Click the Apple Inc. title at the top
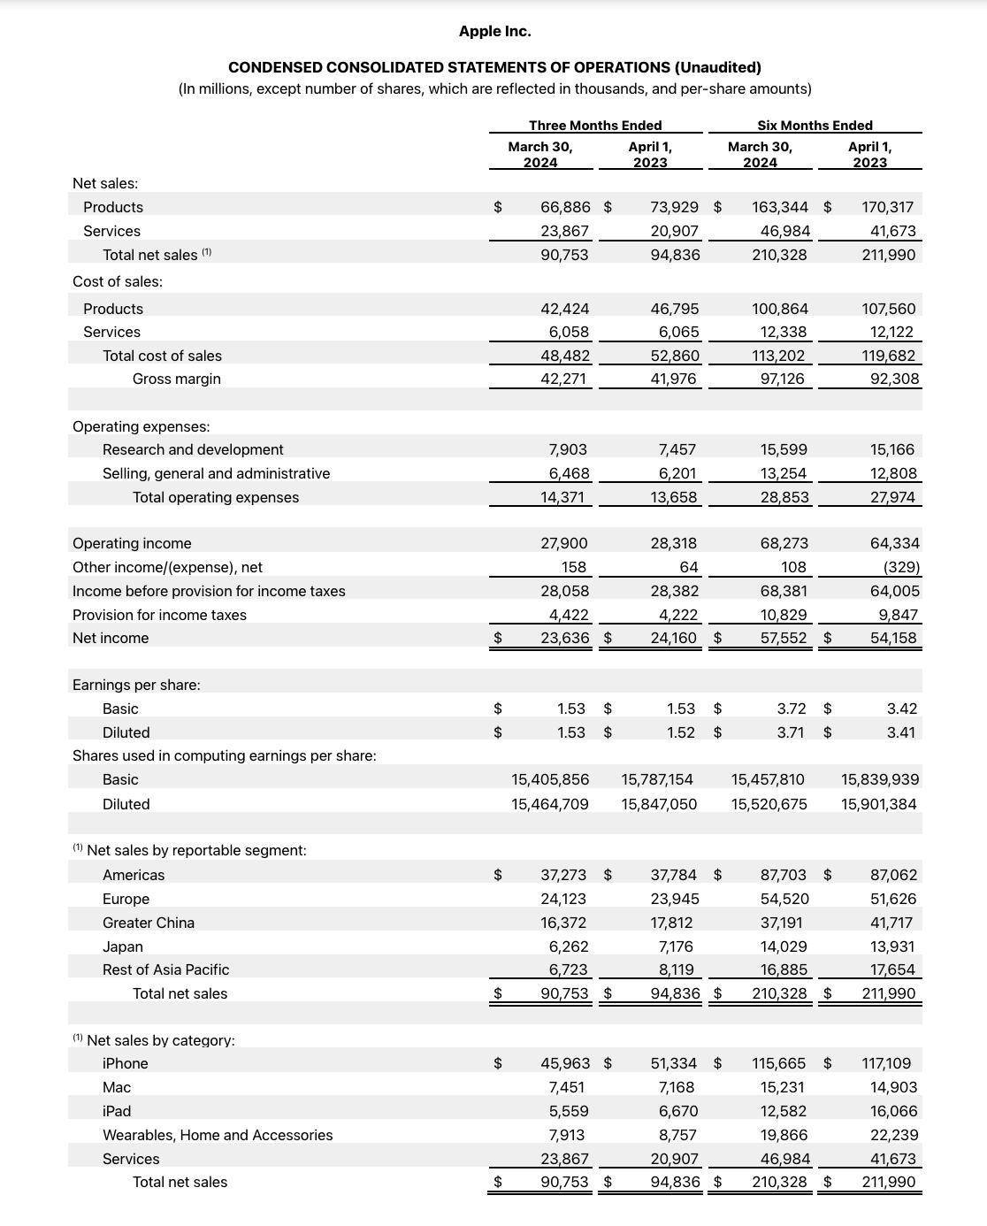point(494,31)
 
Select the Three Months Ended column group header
point(595,126)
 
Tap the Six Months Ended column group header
point(815,126)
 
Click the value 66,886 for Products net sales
point(565,207)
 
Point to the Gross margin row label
point(177,379)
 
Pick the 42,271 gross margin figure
point(565,379)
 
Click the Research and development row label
point(193,449)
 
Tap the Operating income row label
point(132,543)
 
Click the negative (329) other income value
point(901,567)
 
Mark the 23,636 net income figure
point(565,638)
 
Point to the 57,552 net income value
point(784,638)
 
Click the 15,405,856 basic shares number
point(550,779)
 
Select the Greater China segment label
point(149,923)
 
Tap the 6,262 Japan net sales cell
point(569,946)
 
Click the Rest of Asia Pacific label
point(165,969)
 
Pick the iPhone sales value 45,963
point(565,1063)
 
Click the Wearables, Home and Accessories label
point(218,1135)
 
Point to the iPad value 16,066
point(893,1111)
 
